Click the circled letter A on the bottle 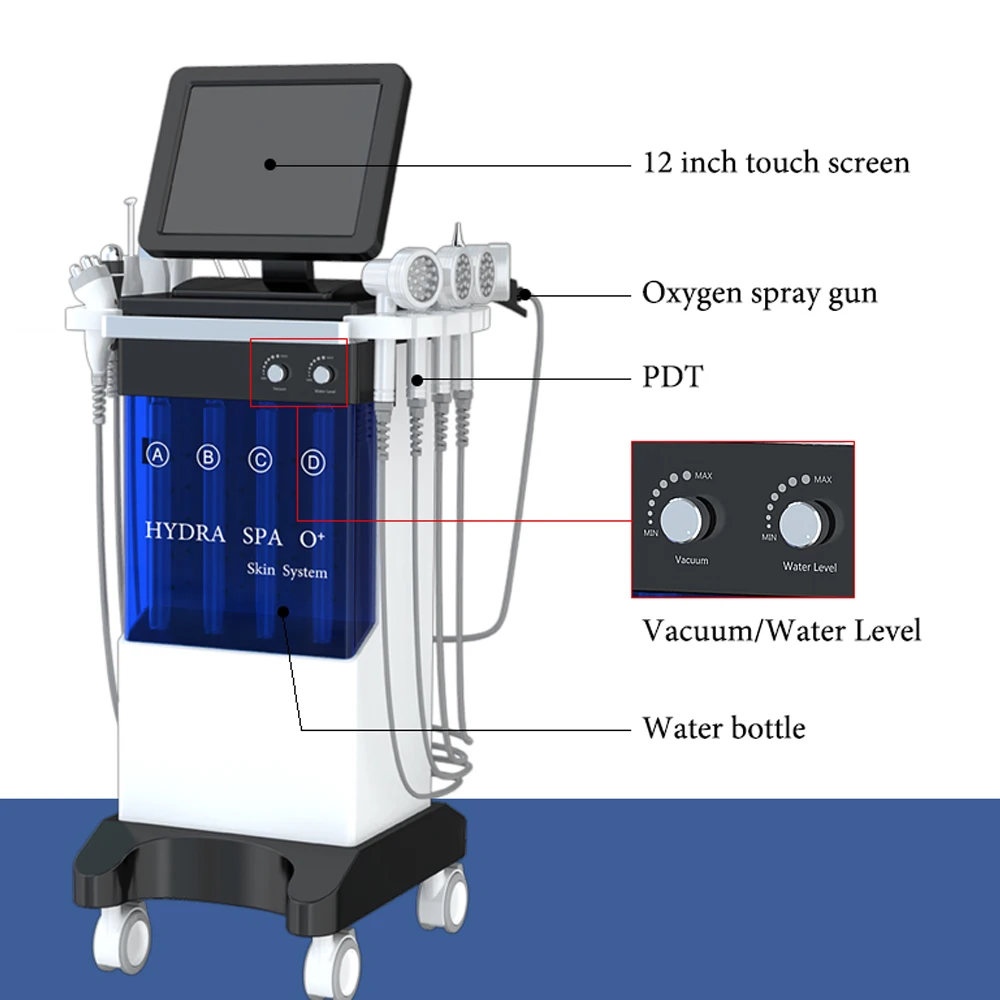coord(157,456)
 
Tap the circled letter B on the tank coord(208,458)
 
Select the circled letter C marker coord(260,460)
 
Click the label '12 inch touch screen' coord(776,162)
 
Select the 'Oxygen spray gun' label coord(759,294)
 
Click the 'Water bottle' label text coord(723,727)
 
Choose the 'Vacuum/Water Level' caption coord(781,631)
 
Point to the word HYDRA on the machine coord(185,531)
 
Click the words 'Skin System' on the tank coord(288,571)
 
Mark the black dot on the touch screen coord(268,162)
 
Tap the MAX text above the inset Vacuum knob coord(703,476)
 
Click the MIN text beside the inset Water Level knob coord(769,537)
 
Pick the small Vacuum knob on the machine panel coord(275,372)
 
